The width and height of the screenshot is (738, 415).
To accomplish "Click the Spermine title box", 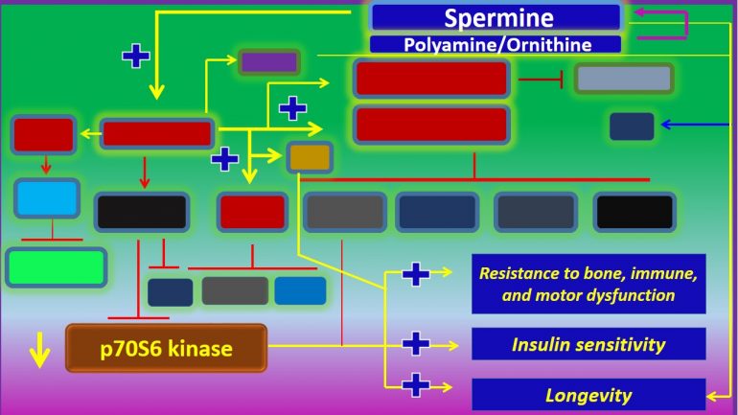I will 496,16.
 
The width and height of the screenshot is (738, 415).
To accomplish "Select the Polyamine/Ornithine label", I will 496,44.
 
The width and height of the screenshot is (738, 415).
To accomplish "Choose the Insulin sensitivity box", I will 588,343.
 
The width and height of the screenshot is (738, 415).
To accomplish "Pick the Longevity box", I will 588,394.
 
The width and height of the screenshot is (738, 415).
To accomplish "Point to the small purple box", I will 268,62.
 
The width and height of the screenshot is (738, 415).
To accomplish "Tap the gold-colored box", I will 310,157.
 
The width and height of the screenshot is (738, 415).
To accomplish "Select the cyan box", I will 46,197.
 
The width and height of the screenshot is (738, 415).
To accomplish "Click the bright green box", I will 56,267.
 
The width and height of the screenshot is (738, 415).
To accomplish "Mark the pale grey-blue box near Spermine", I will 623,79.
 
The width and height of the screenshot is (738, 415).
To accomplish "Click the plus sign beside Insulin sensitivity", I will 415,343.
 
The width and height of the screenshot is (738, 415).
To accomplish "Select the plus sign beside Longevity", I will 415,386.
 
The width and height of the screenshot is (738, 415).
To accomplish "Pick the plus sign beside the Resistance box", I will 415,274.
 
